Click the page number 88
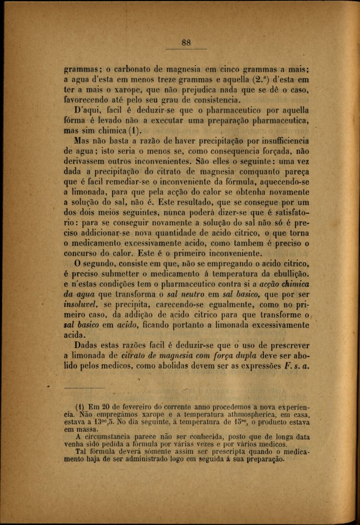(x=186, y=43)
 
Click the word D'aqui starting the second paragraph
(x=87, y=110)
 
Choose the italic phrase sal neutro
(x=184, y=294)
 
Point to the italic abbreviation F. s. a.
(x=297, y=365)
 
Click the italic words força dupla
(x=231, y=355)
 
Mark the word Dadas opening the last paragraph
(x=89, y=345)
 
